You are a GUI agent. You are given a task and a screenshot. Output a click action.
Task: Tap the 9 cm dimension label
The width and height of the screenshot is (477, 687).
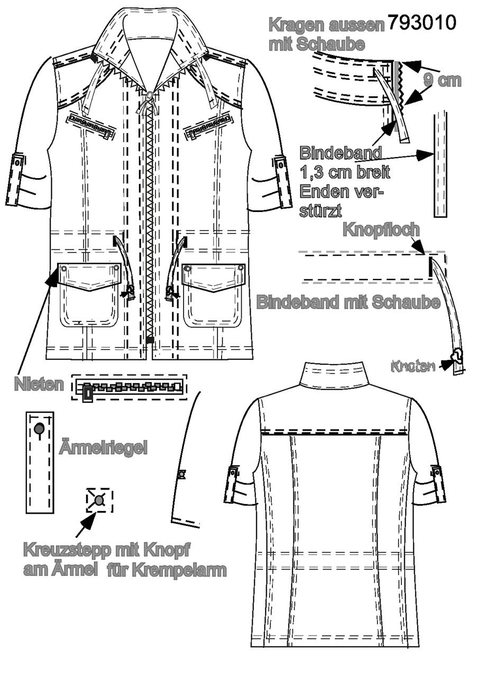(442, 81)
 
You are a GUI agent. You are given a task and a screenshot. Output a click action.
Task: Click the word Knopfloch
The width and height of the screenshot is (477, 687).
(381, 230)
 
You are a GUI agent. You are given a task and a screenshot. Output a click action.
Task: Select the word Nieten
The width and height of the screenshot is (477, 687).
(39, 384)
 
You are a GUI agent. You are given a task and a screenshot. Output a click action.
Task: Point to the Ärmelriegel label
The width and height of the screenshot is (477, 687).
(103, 448)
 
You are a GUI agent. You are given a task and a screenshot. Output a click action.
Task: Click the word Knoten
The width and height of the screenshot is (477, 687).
(413, 366)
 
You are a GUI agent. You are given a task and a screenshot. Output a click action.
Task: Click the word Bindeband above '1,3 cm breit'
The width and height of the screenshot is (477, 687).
(341, 152)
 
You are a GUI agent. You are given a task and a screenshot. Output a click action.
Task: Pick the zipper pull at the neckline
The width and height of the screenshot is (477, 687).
(149, 97)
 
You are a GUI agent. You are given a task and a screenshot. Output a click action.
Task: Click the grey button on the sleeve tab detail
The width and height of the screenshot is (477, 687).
(39, 429)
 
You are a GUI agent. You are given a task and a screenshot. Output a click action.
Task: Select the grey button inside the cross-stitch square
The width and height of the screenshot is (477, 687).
(99, 500)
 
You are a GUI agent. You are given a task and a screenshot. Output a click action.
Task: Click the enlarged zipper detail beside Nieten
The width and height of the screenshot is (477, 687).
(129, 387)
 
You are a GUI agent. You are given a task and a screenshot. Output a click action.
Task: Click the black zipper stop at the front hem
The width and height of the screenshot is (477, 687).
(150, 340)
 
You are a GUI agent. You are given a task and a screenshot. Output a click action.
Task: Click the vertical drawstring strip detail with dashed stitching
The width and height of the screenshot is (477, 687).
(440, 165)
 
